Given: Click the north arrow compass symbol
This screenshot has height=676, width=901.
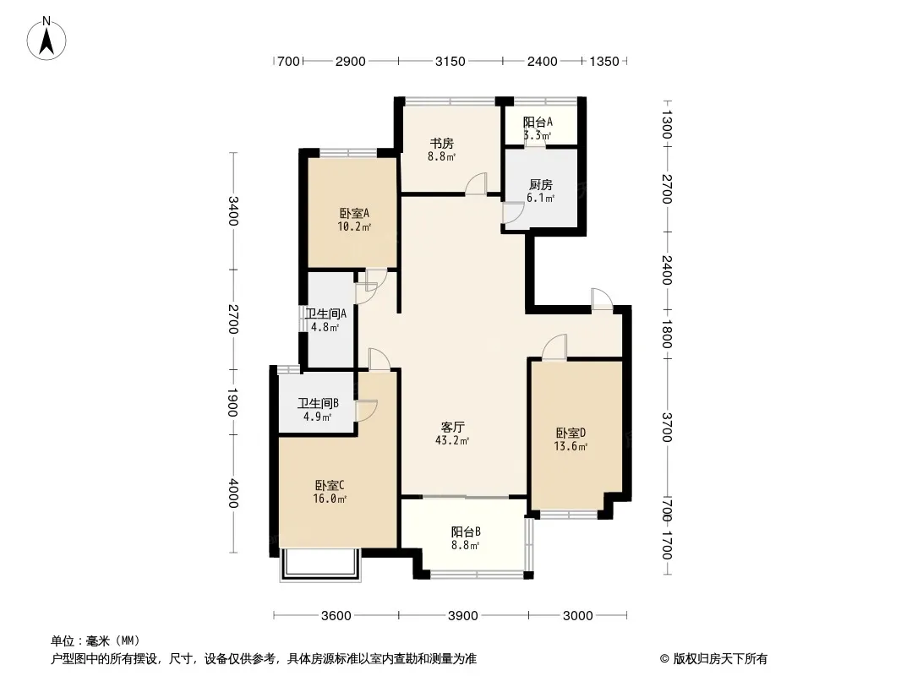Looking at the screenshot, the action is (x=46, y=39).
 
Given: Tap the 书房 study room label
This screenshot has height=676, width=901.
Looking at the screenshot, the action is (x=441, y=143).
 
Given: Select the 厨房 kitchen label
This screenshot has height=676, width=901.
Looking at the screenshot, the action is (x=541, y=184).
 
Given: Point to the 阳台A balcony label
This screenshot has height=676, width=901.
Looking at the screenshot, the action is (x=538, y=123).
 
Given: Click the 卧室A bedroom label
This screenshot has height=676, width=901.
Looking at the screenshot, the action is (x=354, y=213).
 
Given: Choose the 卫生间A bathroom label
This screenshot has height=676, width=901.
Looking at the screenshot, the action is (x=325, y=313).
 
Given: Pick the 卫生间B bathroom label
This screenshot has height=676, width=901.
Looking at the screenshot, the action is (x=319, y=403).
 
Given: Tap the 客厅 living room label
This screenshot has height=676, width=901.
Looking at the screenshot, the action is (x=453, y=427).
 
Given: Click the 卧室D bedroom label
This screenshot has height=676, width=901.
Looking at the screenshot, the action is (x=571, y=433).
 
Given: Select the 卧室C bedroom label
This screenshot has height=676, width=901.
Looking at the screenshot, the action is (x=330, y=485).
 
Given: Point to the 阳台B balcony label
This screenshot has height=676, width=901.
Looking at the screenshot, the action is (x=466, y=532).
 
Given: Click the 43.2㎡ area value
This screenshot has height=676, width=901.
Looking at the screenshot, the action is (x=452, y=440).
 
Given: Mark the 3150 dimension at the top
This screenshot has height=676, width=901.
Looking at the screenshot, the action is (x=450, y=61).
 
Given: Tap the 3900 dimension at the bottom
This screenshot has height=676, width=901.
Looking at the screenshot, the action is (x=463, y=616).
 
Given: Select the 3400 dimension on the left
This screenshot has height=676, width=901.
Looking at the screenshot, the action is (x=233, y=210).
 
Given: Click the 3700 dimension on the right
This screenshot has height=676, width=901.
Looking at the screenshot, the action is (x=667, y=428).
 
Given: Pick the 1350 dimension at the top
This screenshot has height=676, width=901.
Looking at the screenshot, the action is (x=604, y=61).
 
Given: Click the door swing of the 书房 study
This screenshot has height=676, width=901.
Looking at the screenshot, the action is (x=476, y=183).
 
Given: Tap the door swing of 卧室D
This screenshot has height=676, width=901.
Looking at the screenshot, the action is (x=554, y=347).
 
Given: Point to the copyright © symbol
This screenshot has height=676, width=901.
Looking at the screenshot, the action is (x=664, y=659).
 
